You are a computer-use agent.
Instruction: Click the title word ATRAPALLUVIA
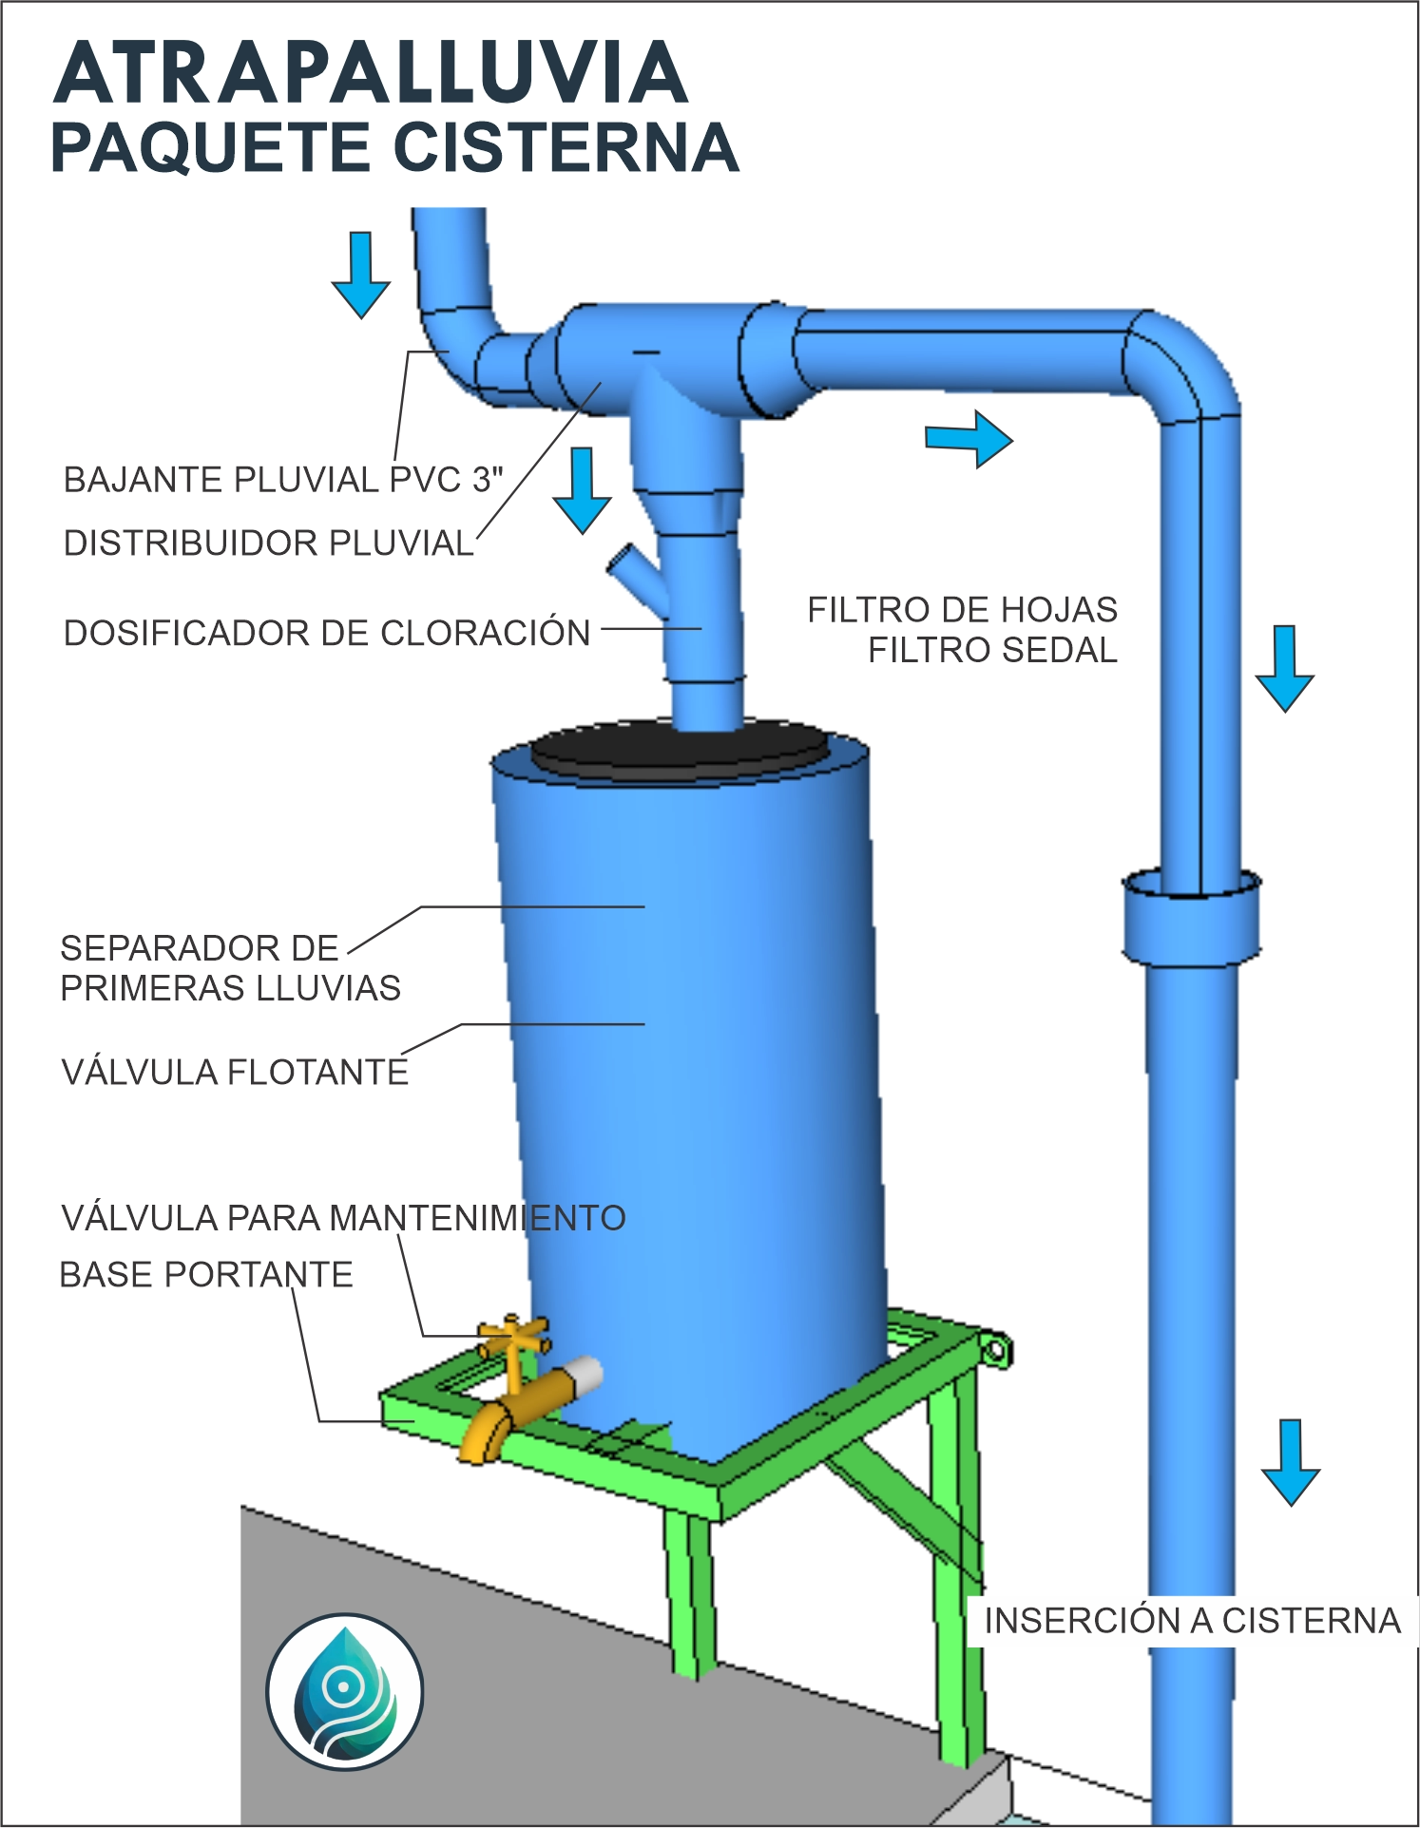[x=371, y=74]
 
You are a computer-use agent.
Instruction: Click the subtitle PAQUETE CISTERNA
[x=394, y=148]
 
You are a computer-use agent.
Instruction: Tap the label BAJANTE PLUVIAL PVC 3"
[x=283, y=480]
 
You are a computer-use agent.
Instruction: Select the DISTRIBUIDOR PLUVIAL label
[x=268, y=543]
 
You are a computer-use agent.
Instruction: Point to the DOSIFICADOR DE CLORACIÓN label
[x=327, y=633]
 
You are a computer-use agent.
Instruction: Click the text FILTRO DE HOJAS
[x=962, y=610]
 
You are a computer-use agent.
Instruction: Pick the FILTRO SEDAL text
[x=992, y=651]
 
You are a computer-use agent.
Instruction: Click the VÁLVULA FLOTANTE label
[x=235, y=1073]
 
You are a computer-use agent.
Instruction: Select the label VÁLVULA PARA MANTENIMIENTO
[x=343, y=1218]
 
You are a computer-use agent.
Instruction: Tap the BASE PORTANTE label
[x=206, y=1275]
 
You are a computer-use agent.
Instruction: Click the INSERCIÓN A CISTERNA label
[x=1192, y=1621]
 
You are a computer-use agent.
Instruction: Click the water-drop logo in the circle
[x=344, y=1691]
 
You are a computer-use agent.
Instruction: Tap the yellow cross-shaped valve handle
[x=514, y=1335]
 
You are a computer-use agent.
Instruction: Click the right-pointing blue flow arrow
[x=969, y=439]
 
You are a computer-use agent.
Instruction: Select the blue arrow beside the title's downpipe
[x=361, y=275]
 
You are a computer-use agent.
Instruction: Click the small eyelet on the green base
[x=995, y=1350]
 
